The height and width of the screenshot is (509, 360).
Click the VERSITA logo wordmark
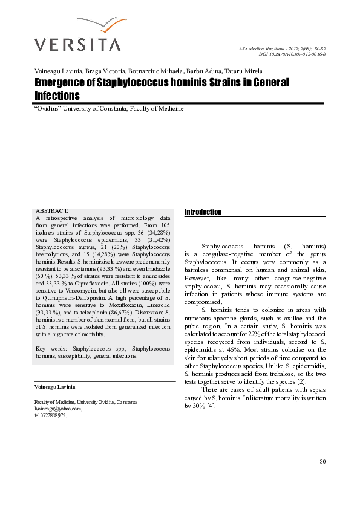pos(77,44)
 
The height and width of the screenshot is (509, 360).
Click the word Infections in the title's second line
pos(57,96)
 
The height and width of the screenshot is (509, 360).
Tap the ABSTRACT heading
pos(52,208)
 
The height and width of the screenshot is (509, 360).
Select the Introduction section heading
pos(203,212)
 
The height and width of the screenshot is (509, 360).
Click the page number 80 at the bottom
pos(322,462)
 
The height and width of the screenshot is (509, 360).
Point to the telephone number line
pos(51,415)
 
